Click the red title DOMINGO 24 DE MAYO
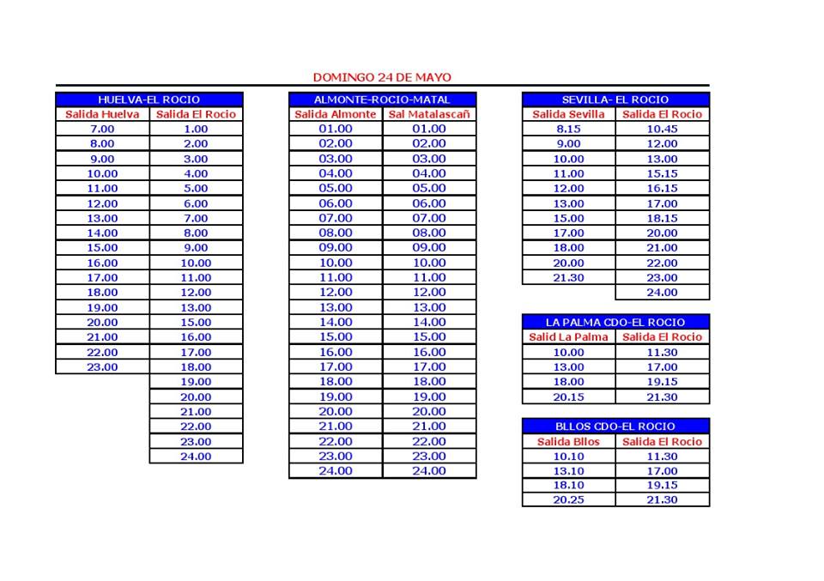(x=382, y=77)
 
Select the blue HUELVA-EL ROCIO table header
(x=149, y=100)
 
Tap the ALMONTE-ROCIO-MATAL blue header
(x=382, y=100)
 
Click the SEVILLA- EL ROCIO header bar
(x=615, y=100)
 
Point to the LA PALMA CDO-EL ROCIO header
(x=615, y=322)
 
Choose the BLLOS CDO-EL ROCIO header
(x=615, y=426)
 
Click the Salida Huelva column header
(x=102, y=114)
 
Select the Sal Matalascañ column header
(x=429, y=114)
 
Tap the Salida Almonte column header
(x=336, y=114)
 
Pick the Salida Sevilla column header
(x=568, y=114)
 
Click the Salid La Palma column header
(x=568, y=337)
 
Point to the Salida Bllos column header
(x=568, y=442)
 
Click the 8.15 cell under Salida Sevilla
(x=568, y=129)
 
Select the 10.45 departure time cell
(x=662, y=129)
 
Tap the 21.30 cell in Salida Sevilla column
(x=568, y=277)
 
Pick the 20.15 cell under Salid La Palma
(x=568, y=396)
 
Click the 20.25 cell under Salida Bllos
(x=568, y=499)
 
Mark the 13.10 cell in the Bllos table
(x=568, y=471)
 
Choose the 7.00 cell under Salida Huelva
(x=102, y=129)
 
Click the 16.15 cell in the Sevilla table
(x=662, y=188)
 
